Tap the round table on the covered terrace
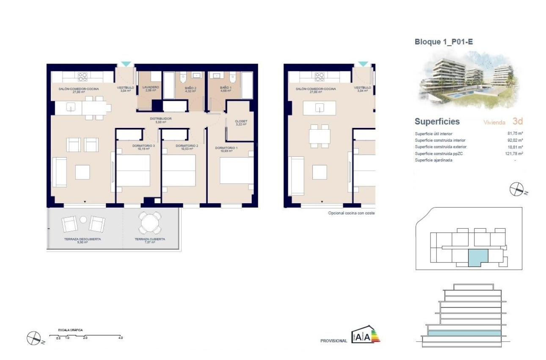150,222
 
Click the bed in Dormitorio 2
179,170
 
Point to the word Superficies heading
437,122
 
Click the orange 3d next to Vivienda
518,122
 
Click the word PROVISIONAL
334,341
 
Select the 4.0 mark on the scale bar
120,338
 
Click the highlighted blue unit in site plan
478,258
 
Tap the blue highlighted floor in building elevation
464,334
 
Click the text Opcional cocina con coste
351,213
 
